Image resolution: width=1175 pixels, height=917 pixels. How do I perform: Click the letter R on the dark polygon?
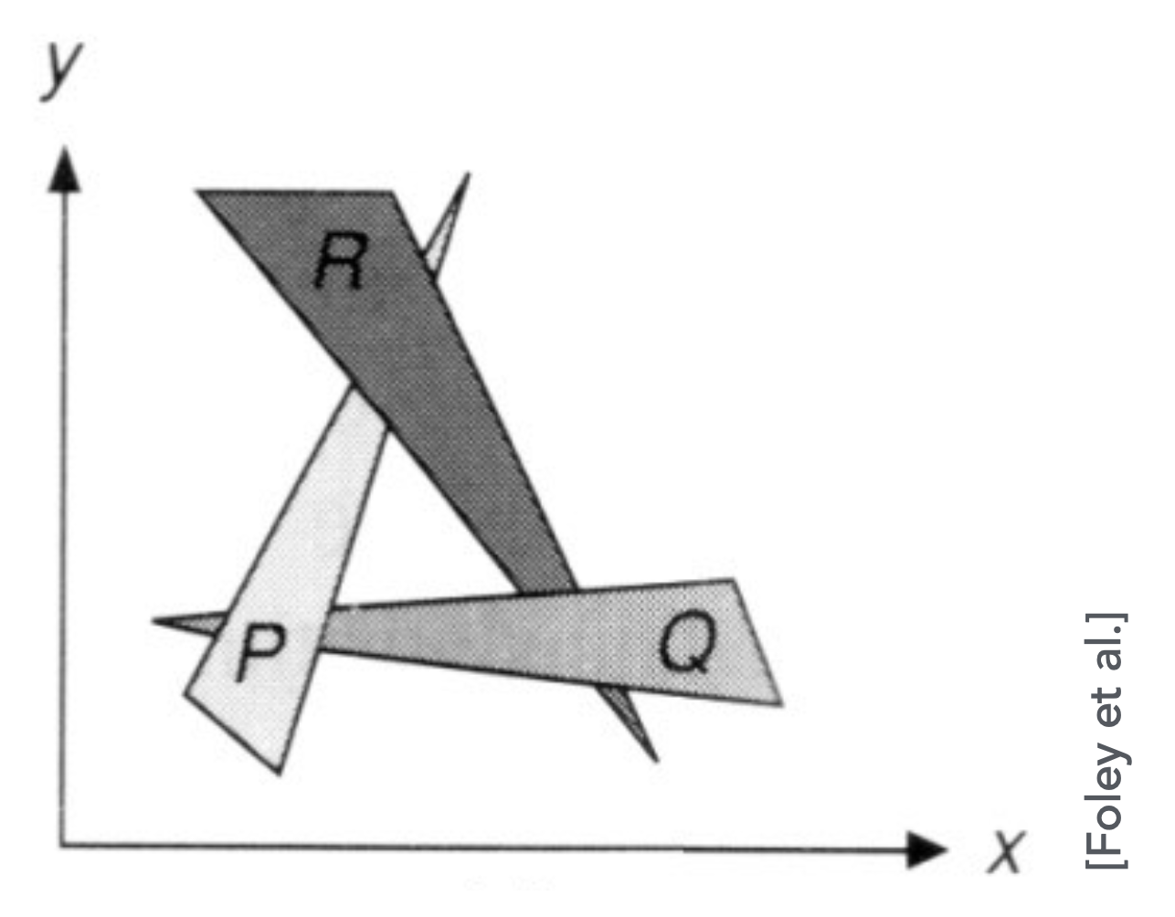coord(342,261)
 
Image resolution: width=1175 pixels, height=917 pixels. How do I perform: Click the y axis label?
coord(61,70)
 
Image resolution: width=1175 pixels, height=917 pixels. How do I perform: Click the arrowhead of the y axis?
coord(65,170)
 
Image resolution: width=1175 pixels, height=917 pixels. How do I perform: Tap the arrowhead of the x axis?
coord(926,849)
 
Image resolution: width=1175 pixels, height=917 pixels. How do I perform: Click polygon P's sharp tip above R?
coord(470,174)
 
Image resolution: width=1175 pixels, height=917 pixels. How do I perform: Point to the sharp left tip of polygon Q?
coord(153,621)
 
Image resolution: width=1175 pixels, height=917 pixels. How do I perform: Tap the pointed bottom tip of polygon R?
coord(656,762)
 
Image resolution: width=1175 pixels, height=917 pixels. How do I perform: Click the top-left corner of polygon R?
coord(198,191)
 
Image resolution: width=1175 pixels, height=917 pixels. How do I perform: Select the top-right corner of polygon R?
coord(391,191)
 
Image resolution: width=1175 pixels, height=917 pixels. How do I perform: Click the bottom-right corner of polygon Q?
coord(781,703)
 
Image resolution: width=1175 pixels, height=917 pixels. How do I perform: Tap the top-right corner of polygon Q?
coord(733,580)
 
